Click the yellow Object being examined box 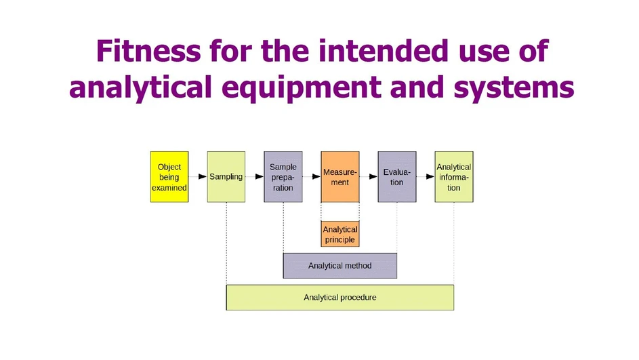(x=169, y=177)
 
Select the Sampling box (x=226, y=177)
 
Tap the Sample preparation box (x=283, y=177)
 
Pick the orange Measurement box (x=339, y=177)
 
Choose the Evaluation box (x=396, y=177)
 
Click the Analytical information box (x=453, y=177)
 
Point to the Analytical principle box (x=339, y=235)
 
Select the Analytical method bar (x=339, y=266)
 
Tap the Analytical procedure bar (x=339, y=297)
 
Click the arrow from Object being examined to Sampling (x=197, y=177)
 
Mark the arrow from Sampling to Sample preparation (x=254, y=177)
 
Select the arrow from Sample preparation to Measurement (x=311, y=177)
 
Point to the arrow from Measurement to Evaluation (x=368, y=177)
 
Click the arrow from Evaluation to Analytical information (x=425, y=177)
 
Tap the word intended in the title (x=376, y=51)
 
